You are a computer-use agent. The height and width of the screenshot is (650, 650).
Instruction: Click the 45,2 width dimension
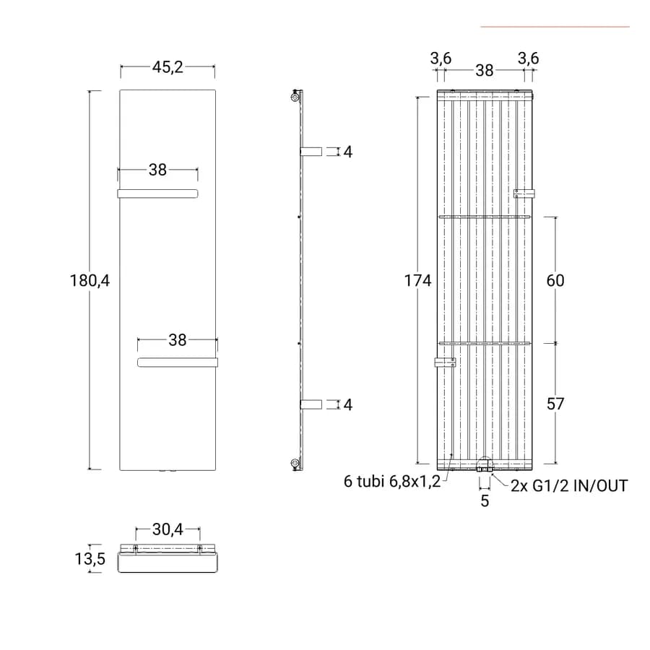pos(168,67)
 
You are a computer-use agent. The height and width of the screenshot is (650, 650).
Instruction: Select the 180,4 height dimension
pos(90,281)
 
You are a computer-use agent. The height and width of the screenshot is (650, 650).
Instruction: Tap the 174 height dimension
pos(418,281)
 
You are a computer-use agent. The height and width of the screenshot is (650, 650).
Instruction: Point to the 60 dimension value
pos(555,281)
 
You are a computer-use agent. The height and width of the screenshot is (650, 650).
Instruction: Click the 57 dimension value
pos(555,404)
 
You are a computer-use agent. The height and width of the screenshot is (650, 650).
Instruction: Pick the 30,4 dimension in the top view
pos(168,529)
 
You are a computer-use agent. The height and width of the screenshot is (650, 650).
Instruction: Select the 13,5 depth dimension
pos(90,559)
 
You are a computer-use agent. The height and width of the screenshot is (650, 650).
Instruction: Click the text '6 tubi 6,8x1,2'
pos(392,482)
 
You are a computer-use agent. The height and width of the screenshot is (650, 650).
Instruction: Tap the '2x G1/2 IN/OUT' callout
pos(569,486)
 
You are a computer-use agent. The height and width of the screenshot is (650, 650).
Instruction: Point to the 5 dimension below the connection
pos(485,500)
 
